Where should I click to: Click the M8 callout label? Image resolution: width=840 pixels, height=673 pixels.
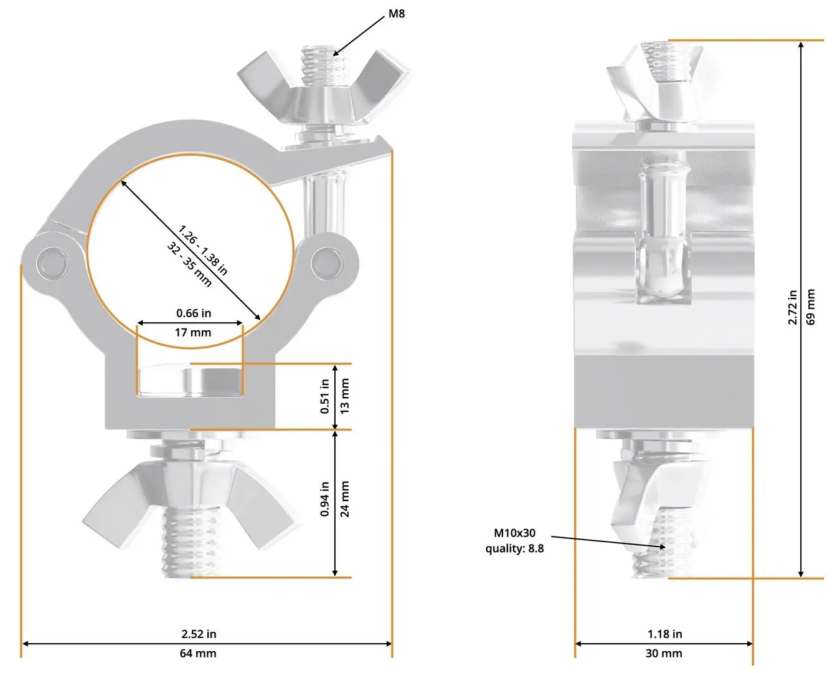(397, 13)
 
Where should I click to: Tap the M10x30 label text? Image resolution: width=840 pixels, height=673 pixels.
(514, 533)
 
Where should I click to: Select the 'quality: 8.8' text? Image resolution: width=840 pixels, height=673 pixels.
(514, 548)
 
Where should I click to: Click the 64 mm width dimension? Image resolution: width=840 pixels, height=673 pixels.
(198, 653)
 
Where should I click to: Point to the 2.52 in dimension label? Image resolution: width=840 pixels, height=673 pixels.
(199, 634)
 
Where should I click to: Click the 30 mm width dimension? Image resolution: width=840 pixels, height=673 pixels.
(664, 653)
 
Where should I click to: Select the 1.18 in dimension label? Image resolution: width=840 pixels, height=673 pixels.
(664, 634)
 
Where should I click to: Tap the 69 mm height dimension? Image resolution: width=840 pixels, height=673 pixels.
(811, 307)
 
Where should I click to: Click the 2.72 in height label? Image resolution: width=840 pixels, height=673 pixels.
(793, 307)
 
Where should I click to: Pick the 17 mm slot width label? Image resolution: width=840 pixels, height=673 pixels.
(192, 332)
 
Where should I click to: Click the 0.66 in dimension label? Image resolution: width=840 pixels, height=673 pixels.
(193, 313)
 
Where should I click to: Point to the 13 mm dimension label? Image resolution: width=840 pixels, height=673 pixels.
(345, 396)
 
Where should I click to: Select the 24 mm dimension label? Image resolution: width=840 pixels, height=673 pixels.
(345, 499)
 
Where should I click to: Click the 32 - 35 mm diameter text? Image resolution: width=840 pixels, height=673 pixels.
(189, 265)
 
